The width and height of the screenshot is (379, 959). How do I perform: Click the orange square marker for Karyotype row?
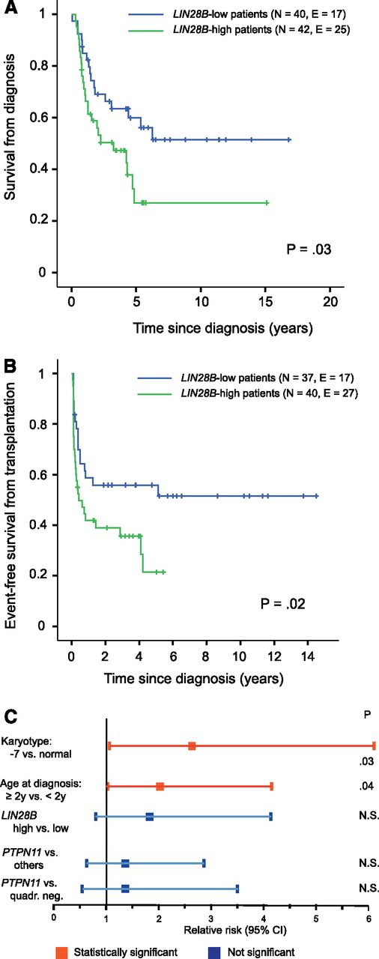point(192,745)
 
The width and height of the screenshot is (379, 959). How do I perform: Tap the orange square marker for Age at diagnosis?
point(160,786)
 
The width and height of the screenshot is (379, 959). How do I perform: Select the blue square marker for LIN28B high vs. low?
point(150,816)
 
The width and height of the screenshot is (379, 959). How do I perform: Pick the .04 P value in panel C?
point(366,786)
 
